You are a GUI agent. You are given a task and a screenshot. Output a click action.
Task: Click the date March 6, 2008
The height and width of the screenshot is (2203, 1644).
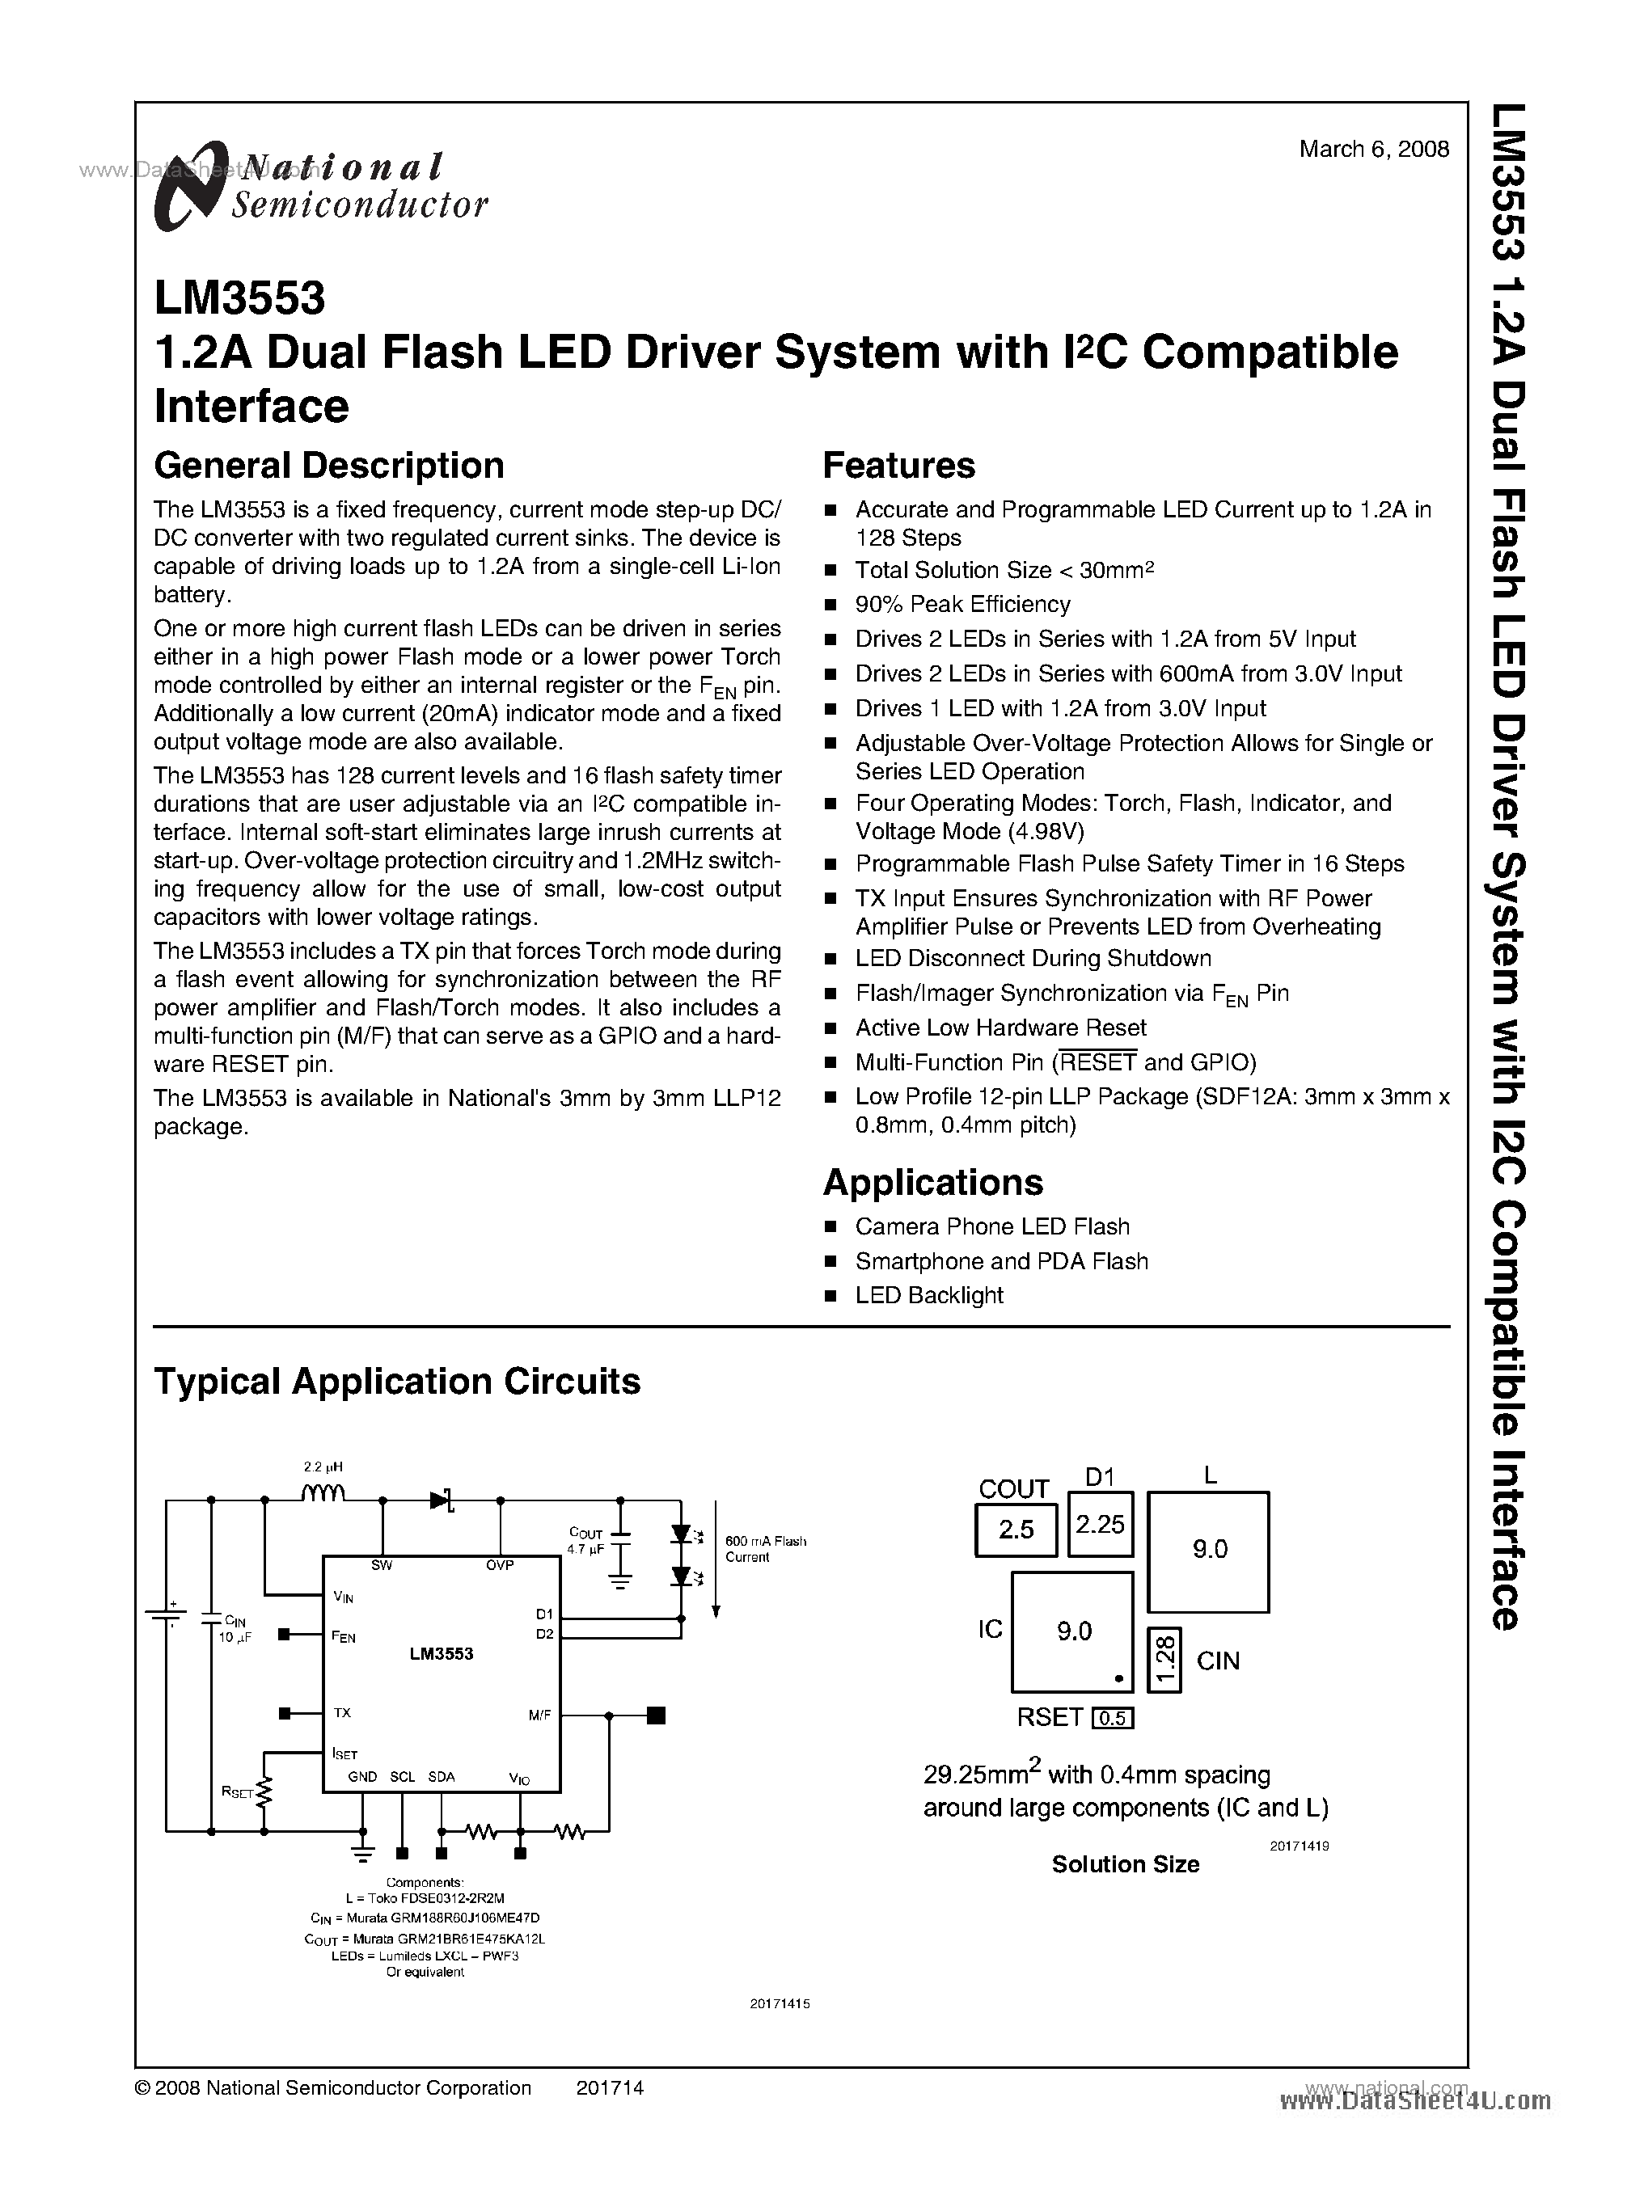point(1373,150)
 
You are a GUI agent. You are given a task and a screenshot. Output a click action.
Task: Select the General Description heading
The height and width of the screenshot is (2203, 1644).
point(328,466)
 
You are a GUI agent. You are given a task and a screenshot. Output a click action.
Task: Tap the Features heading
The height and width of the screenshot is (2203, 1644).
point(898,466)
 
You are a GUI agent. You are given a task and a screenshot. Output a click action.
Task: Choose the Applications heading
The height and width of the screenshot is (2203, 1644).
point(932,1182)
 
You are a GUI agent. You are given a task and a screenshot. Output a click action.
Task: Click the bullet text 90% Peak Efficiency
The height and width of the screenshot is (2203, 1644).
point(962,604)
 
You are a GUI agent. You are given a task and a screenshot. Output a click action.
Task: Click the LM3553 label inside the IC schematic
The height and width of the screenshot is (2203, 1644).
point(441,1652)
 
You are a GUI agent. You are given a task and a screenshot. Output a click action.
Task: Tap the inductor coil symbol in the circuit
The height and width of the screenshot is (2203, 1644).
point(323,1492)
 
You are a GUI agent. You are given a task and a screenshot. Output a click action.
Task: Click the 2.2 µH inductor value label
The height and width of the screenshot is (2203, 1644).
point(323,1467)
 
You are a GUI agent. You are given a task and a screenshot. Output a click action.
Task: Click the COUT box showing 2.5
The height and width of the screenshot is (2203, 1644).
point(1016,1530)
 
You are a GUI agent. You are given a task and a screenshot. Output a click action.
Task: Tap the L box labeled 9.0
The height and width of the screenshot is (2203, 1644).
point(1208,1549)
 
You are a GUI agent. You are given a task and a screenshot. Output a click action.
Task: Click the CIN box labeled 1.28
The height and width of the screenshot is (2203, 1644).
point(1164,1659)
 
